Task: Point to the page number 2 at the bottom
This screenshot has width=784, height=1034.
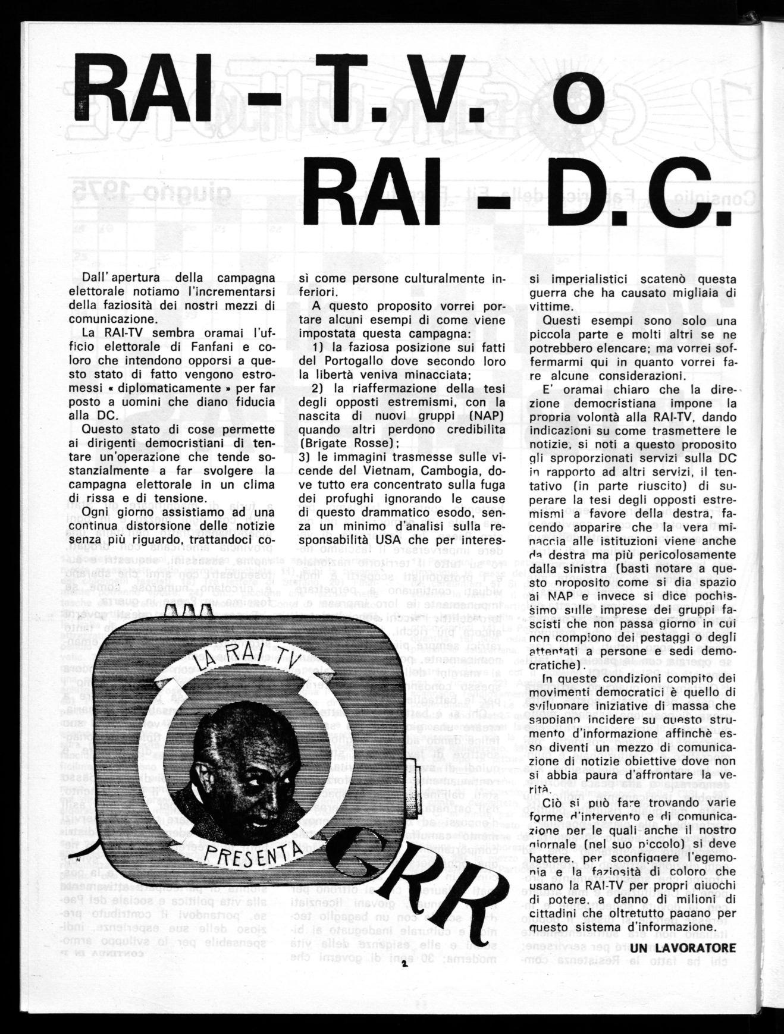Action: click(x=403, y=964)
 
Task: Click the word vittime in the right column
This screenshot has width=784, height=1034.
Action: click(x=546, y=306)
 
